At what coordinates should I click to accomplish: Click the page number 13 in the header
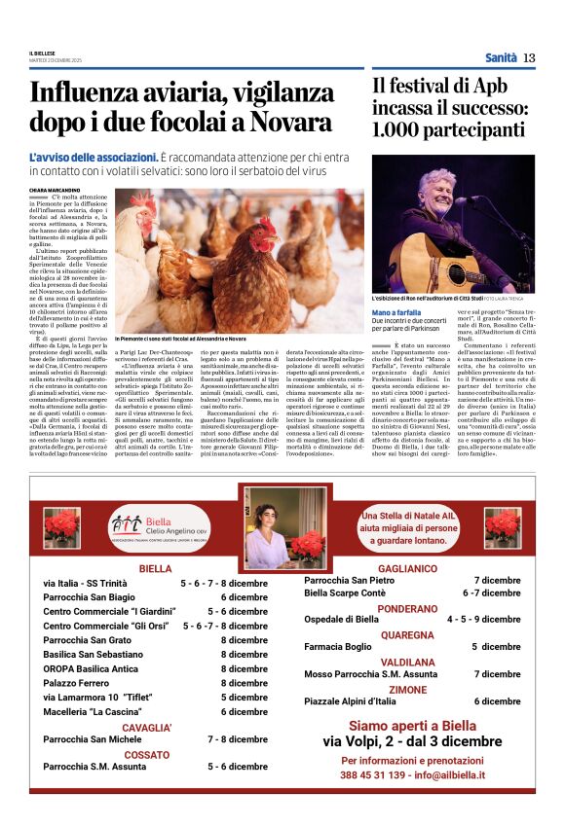[x=529, y=57]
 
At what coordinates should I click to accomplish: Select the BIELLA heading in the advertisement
[x=155, y=567]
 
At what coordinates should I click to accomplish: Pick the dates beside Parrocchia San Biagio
[x=244, y=597]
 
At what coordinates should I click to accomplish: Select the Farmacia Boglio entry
[x=338, y=645]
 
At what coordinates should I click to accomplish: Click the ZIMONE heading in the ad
[x=407, y=688]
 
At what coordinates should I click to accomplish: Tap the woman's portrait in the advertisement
[x=284, y=527]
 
